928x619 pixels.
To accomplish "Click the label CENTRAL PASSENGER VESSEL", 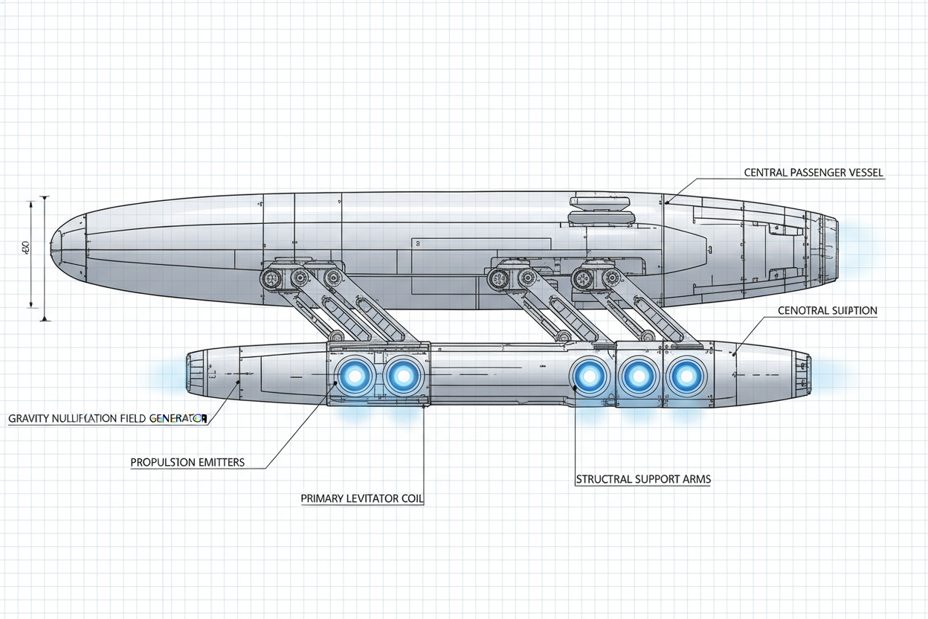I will click(x=813, y=173).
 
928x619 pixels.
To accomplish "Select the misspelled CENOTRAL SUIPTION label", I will click(x=827, y=310).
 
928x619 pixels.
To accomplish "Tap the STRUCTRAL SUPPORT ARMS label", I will click(x=643, y=479).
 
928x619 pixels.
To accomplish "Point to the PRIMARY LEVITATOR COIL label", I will click(x=362, y=498).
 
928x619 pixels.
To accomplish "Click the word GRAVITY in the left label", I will click(x=30, y=419).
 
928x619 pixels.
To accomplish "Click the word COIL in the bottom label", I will click(x=411, y=498).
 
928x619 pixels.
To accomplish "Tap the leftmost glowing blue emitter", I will click(x=355, y=376).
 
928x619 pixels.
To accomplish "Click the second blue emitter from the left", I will click(x=403, y=376).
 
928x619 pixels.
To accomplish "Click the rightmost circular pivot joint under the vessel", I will click(x=612, y=279).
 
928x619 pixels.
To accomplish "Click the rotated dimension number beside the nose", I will click(x=25, y=246).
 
